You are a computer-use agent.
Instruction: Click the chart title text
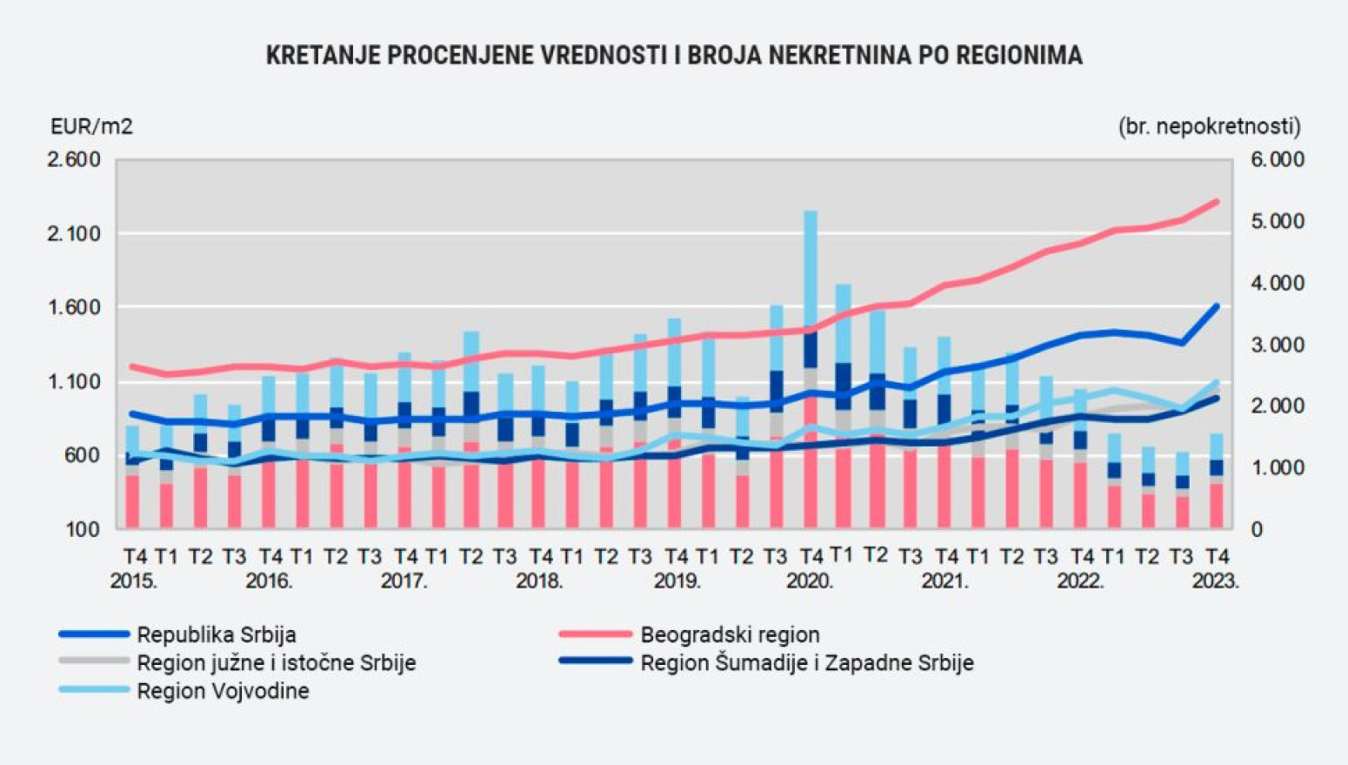pyautogui.click(x=674, y=56)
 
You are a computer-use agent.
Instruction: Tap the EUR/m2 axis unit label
pyautogui.click(x=91, y=127)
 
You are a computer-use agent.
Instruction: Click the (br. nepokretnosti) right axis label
pyautogui.click(x=1209, y=127)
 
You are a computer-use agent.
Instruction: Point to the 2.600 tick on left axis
pyautogui.click(x=74, y=160)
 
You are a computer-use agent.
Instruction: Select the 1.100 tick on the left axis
pyautogui.click(x=74, y=382)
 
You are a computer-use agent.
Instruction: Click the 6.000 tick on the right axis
pyautogui.click(x=1278, y=160)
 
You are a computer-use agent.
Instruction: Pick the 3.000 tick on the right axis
pyautogui.click(x=1278, y=346)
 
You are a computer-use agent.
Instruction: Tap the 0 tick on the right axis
pyautogui.click(x=1257, y=530)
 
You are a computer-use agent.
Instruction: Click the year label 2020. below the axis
pyautogui.click(x=810, y=581)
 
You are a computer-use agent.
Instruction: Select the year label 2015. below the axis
pyautogui.click(x=134, y=581)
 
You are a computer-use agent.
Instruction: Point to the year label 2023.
pyautogui.click(x=1215, y=581)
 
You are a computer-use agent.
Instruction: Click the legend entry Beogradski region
pyautogui.click(x=729, y=635)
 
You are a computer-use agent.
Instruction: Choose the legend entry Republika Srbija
pyautogui.click(x=216, y=635)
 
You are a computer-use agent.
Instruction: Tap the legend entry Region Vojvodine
pyautogui.click(x=223, y=691)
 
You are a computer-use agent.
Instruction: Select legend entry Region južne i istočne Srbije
pyautogui.click(x=276, y=663)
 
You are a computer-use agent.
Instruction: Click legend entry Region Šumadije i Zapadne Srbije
pyautogui.click(x=806, y=663)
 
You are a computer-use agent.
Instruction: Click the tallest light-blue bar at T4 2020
pyautogui.click(x=811, y=270)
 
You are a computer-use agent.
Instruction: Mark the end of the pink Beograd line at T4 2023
pyautogui.click(x=1216, y=202)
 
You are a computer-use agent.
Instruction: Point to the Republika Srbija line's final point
pyautogui.click(x=1216, y=306)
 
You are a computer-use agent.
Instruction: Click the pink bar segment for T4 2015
pyautogui.click(x=132, y=503)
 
